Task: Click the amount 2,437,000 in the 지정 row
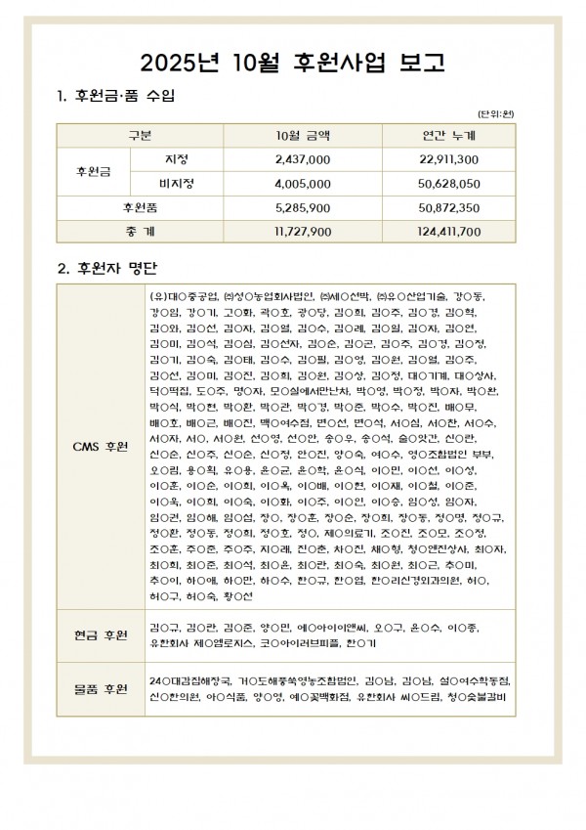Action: click(x=304, y=159)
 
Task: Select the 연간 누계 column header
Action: click(x=447, y=135)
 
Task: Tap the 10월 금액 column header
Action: click(x=304, y=135)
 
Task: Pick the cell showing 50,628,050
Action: click(x=447, y=183)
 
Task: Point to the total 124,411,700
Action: click(x=447, y=231)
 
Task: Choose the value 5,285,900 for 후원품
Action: click(x=304, y=207)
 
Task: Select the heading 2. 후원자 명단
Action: click(x=107, y=267)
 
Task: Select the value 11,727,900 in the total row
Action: click(x=304, y=231)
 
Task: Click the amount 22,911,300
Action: click(x=447, y=159)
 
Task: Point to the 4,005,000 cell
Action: click(x=304, y=183)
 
